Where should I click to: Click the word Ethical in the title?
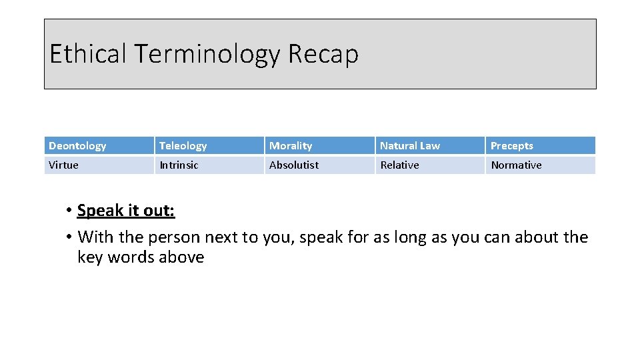pos(88,54)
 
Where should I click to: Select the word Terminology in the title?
pos(207,55)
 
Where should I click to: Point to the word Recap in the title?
pos(323,55)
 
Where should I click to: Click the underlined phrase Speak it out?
pos(126,211)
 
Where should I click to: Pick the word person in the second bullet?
pos(174,238)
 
